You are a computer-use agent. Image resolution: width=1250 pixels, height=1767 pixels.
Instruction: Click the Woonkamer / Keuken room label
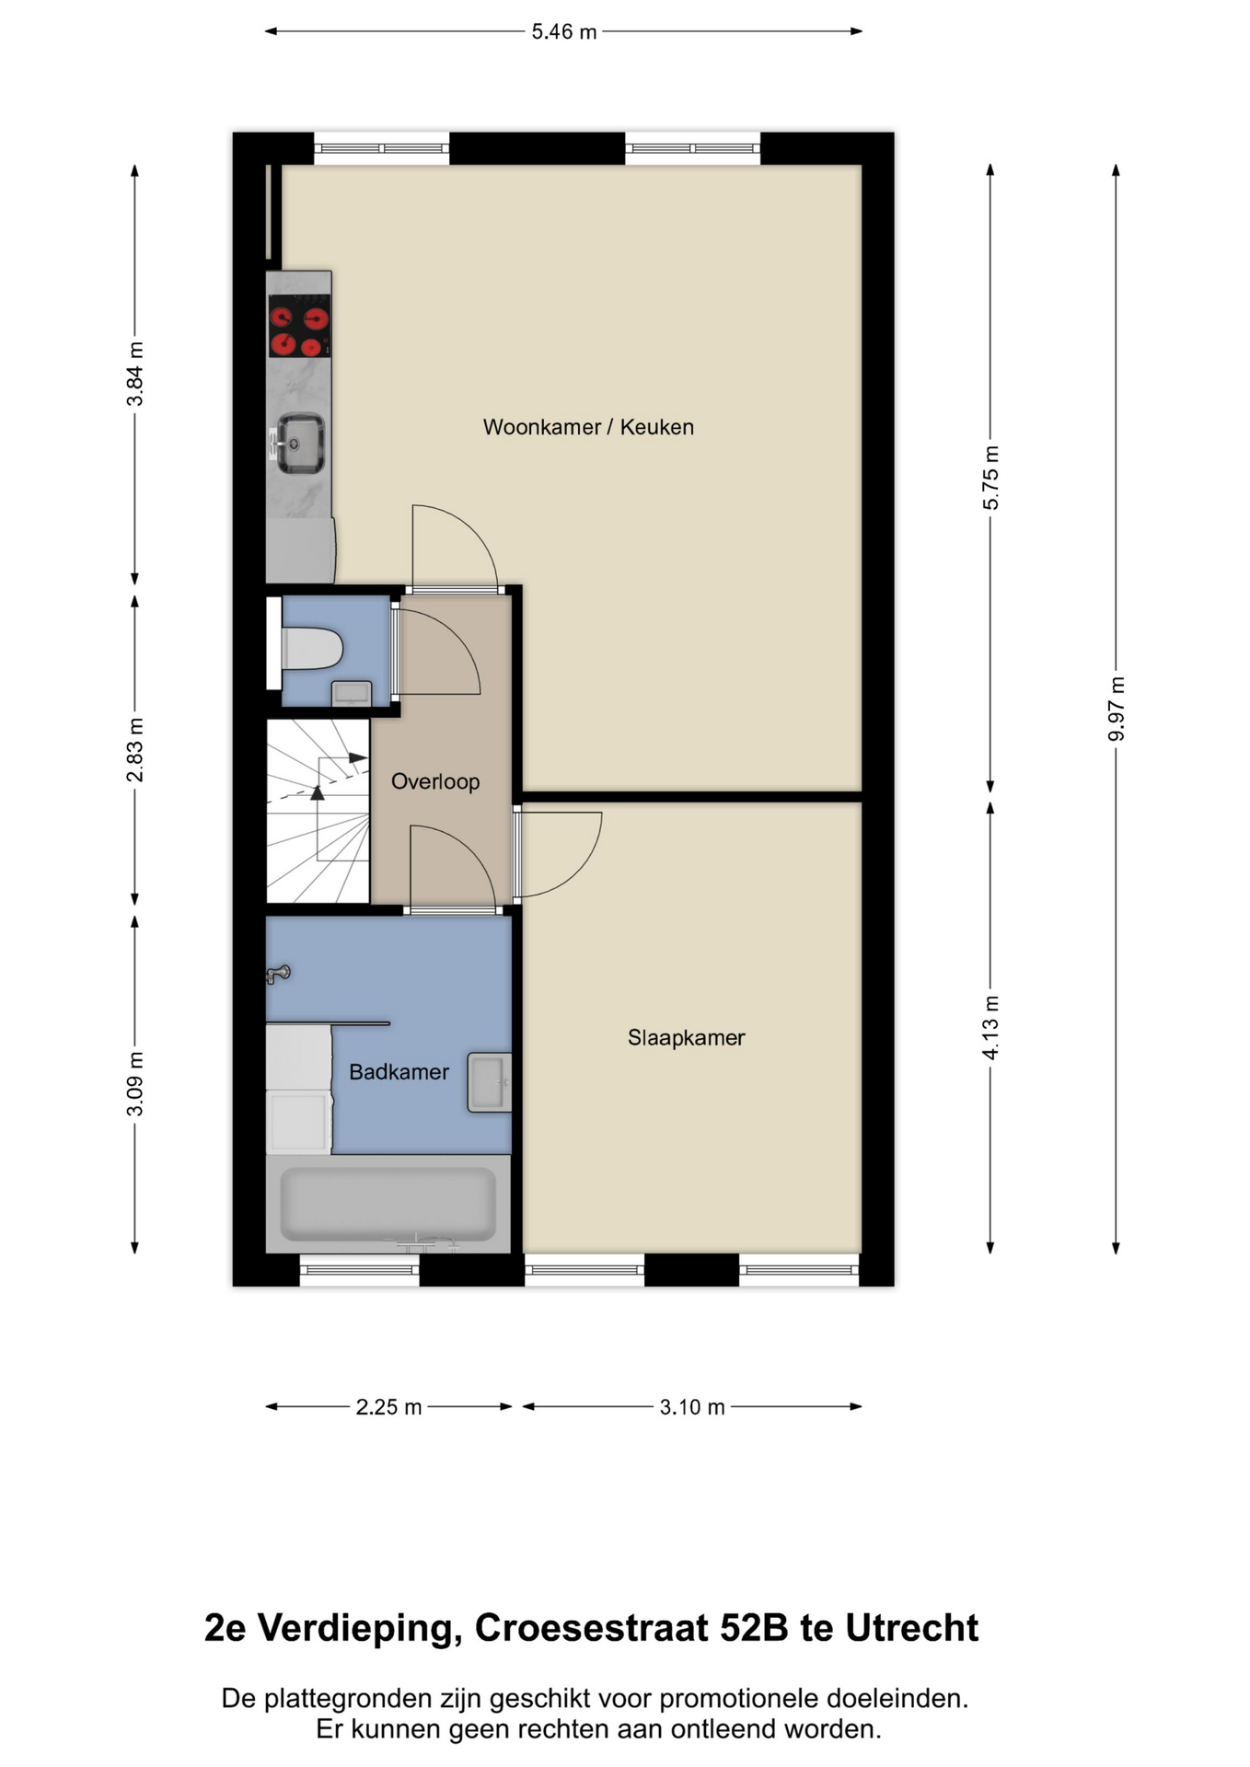tap(588, 427)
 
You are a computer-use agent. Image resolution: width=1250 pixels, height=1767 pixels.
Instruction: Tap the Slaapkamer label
tap(686, 1037)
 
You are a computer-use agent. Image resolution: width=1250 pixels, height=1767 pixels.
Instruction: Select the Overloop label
tap(435, 781)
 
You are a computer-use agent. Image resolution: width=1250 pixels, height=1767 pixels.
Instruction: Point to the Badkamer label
tap(399, 1071)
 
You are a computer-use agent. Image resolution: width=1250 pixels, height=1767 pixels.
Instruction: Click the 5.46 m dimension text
tap(563, 31)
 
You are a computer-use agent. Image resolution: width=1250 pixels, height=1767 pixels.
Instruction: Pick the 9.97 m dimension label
tap(1116, 708)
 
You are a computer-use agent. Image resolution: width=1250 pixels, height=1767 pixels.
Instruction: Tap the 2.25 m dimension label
tap(388, 1406)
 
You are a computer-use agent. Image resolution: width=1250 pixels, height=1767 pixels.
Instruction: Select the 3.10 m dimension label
tap(692, 1406)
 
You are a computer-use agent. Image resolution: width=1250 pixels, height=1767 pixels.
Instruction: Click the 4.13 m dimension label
tap(990, 1027)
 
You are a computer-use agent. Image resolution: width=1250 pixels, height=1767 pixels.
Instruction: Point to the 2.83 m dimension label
tap(135, 749)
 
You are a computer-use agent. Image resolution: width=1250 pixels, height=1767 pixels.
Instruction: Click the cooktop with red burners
tap(300, 326)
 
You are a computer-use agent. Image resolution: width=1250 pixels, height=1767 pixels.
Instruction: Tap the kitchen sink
tap(300, 444)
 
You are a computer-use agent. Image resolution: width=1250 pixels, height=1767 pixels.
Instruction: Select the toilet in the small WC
tap(311, 649)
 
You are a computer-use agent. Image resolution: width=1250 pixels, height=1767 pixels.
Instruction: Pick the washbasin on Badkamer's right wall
tap(489, 1082)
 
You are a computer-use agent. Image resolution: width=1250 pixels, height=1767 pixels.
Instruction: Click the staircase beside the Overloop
tap(318, 810)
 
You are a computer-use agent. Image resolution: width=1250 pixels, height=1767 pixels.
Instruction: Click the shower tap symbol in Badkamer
tap(278, 973)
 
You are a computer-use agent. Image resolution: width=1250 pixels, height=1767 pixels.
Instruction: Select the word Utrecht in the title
tap(911, 1627)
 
